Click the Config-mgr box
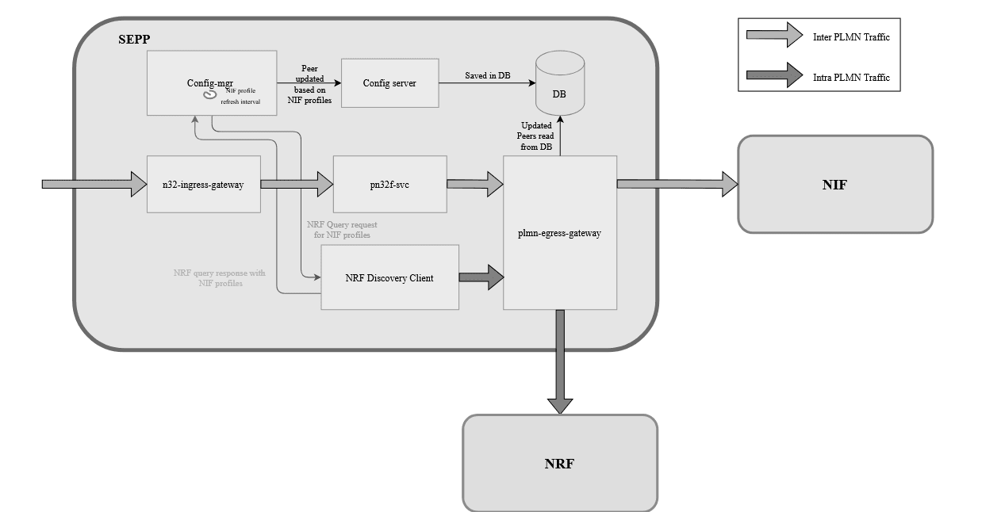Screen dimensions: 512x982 [x=210, y=81]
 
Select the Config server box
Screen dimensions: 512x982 [x=389, y=83]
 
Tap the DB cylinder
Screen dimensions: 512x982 [x=560, y=86]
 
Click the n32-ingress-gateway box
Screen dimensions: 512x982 [x=204, y=185]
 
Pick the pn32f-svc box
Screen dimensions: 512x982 [x=389, y=185]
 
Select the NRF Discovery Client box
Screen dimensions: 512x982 [x=389, y=277]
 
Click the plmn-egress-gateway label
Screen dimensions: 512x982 [x=560, y=235]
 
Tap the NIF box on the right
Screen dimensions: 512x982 [x=834, y=185]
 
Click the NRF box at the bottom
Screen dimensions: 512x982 [x=559, y=464]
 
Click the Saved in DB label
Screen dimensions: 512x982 [x=487, y=75]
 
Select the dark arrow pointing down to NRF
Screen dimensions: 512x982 [x=560, y=361]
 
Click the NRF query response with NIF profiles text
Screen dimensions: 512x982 [x=220, y=278]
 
